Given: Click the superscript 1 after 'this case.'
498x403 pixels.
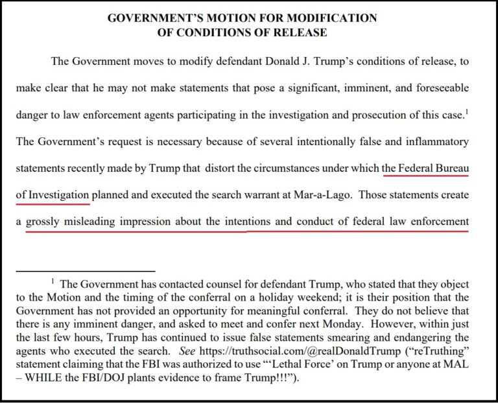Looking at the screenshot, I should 468,111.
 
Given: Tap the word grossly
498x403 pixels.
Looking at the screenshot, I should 43,222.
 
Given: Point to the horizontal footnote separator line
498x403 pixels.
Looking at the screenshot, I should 85,270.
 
